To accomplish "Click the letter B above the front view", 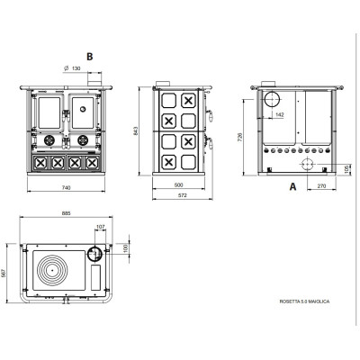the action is pyautogui.click(x=89, y=57).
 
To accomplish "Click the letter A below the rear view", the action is pyautogui.click(x=292, y=186).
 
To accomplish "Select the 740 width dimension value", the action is pyautogui.click(x=66, y=188).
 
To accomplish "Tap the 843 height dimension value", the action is pyautogui.click(x=135, y=130).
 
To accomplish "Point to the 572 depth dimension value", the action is pyautogui.click(x=183, y=195).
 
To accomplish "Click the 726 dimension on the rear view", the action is pyautogui.click(x=239, y=137).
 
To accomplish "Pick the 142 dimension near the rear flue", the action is pyautogui.click(x=280, y=114).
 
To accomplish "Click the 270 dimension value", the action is pyautogui.click(x=321, y=186).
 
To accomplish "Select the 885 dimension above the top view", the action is pyautogui.click(x=66, y=213).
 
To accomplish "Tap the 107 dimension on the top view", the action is pyautogui.click(x=101, y=227).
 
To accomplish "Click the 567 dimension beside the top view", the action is pyautogui.click(x=4, y=273).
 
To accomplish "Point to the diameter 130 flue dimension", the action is pyautogui.click(x=73, y=68).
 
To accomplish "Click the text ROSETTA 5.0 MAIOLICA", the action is pyautogui.click(x=304, y=301).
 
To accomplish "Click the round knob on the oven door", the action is pyautogui.click(x=83, y=109).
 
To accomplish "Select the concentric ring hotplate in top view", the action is pyautogui.click(x=52, y=270).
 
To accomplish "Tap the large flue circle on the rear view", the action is pyautogui.click(x=272, y=99).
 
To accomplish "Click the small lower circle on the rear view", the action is pyautogui.click(x=308, y=165).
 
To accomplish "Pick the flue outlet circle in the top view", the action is pyautogui.click(x=94, y=254).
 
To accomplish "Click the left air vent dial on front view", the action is pyautogui.click(x=49, y=139).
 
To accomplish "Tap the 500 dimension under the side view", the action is pyautogui.click(x=178, y=184).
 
